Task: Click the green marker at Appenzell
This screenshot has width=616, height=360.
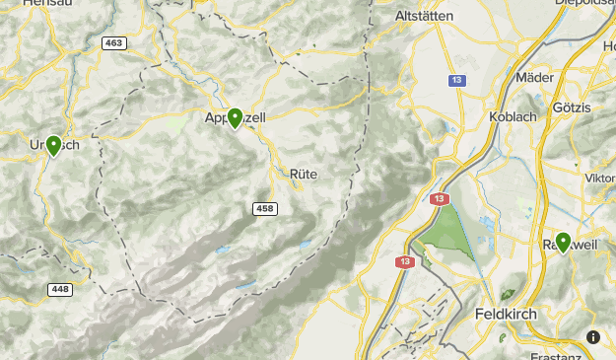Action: click(235, 118)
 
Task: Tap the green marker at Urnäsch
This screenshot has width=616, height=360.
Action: click(53, 146)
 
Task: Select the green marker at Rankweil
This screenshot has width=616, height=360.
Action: click(563, 242)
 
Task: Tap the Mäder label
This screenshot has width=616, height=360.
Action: click(534, 76)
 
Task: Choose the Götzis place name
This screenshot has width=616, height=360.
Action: click(573, 107)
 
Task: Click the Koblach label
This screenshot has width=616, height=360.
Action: click(512, 115)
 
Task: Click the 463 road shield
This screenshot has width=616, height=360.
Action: click(113, 43)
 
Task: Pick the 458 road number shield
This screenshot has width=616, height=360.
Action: click(264, 209)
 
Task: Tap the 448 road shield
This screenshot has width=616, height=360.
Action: click(60, 289)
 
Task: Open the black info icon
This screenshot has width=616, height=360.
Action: click(592, 336)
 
